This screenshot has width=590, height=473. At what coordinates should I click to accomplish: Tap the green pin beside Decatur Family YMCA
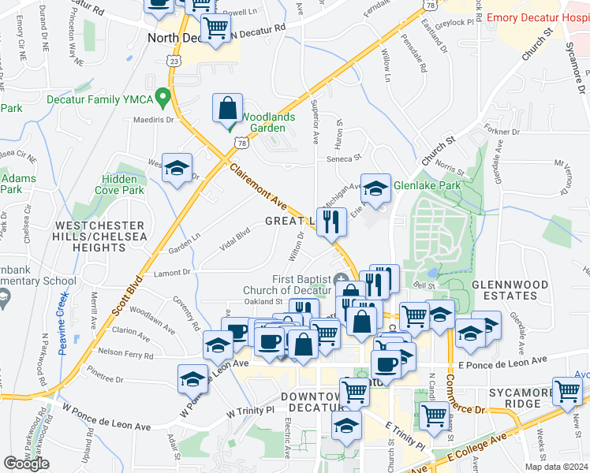coord(163,99)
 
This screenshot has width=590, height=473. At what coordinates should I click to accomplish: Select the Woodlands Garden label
coord(268,122)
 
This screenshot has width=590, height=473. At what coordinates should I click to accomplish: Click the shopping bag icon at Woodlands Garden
coord(227,109)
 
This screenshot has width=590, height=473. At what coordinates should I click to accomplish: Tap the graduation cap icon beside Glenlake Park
coord(376,188)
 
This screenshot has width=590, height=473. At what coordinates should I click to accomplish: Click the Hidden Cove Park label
coord(122,184)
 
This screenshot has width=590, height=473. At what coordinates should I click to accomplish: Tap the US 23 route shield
coord(174,60)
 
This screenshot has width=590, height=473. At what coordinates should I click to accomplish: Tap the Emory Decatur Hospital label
coord(539,17)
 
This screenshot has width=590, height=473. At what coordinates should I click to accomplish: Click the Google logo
coord(26,464)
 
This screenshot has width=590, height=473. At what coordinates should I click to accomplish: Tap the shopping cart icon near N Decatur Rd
coord(215,28)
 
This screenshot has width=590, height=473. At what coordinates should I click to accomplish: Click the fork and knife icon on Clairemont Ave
coord(332,222)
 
